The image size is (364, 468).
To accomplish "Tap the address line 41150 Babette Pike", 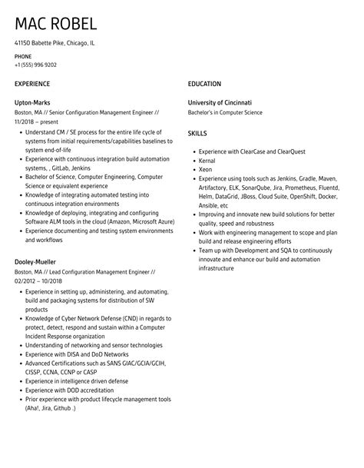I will (55, 43).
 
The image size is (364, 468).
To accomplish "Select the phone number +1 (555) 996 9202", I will (41, 65).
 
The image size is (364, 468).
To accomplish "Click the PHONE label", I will (23, 57).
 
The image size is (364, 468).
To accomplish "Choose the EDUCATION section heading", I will (204, 83).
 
